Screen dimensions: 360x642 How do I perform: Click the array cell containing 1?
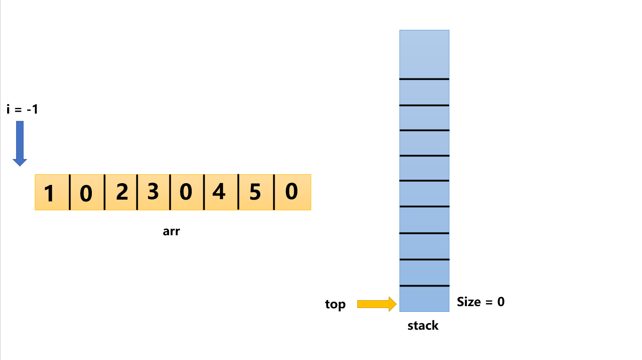coord(52,192)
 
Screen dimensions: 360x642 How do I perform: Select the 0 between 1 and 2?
coord(87,192)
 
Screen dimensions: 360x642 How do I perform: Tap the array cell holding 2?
coord(121,192)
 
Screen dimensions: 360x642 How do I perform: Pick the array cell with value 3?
coord(153,192)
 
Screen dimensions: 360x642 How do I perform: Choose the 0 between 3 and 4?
coord(187,192)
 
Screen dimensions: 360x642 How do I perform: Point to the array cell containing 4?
coord(221,192)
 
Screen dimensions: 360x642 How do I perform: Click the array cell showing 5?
coord(255,192)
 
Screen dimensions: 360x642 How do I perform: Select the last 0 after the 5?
coord(292,192)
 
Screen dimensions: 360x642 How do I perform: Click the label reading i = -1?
coord(22,109)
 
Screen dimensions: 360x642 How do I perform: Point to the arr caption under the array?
coord(171,231)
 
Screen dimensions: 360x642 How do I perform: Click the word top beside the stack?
coord(335,305)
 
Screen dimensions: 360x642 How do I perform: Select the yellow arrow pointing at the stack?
coord(377,304)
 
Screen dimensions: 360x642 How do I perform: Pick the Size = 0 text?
coord(481,302)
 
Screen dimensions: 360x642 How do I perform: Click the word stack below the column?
coord(423,326)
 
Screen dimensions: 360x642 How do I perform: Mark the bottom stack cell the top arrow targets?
coord(424,299)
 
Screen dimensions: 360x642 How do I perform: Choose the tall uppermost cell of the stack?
coord(424,54)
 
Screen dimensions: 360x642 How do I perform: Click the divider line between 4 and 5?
coord(238,192)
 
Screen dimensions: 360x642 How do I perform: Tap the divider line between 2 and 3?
coord(137,192)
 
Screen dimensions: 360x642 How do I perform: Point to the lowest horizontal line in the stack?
coord(424,286)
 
